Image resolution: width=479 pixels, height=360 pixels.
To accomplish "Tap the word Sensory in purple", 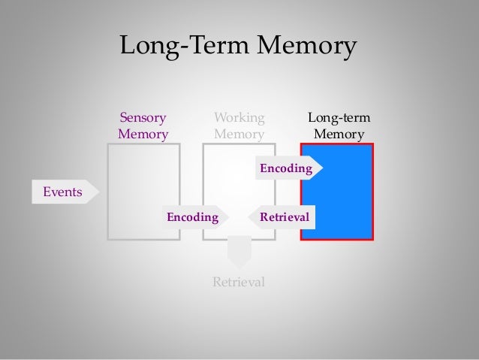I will point(143,117).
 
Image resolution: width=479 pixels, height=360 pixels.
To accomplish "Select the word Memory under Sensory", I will point(143,135).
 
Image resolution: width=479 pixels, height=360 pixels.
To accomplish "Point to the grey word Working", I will point(239,117).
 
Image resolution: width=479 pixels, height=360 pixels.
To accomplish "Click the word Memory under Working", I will point(239,135).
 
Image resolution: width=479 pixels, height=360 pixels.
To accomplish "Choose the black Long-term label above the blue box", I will point(339,117).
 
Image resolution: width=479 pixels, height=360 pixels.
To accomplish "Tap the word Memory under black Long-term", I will point(339,135).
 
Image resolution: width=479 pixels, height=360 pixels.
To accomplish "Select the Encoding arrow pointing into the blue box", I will point(287,169).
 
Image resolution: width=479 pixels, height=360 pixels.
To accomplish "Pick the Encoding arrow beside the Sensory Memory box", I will point(194,217).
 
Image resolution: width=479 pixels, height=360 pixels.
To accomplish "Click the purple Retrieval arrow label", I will point(285,217).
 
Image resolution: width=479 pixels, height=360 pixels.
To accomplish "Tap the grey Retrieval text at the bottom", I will point(239,283).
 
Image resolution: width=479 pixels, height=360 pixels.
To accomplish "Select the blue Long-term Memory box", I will point(345,195).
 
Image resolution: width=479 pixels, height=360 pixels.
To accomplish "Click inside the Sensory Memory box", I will point(143,180).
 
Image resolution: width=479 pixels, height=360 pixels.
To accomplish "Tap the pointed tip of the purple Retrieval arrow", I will point(249,217).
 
